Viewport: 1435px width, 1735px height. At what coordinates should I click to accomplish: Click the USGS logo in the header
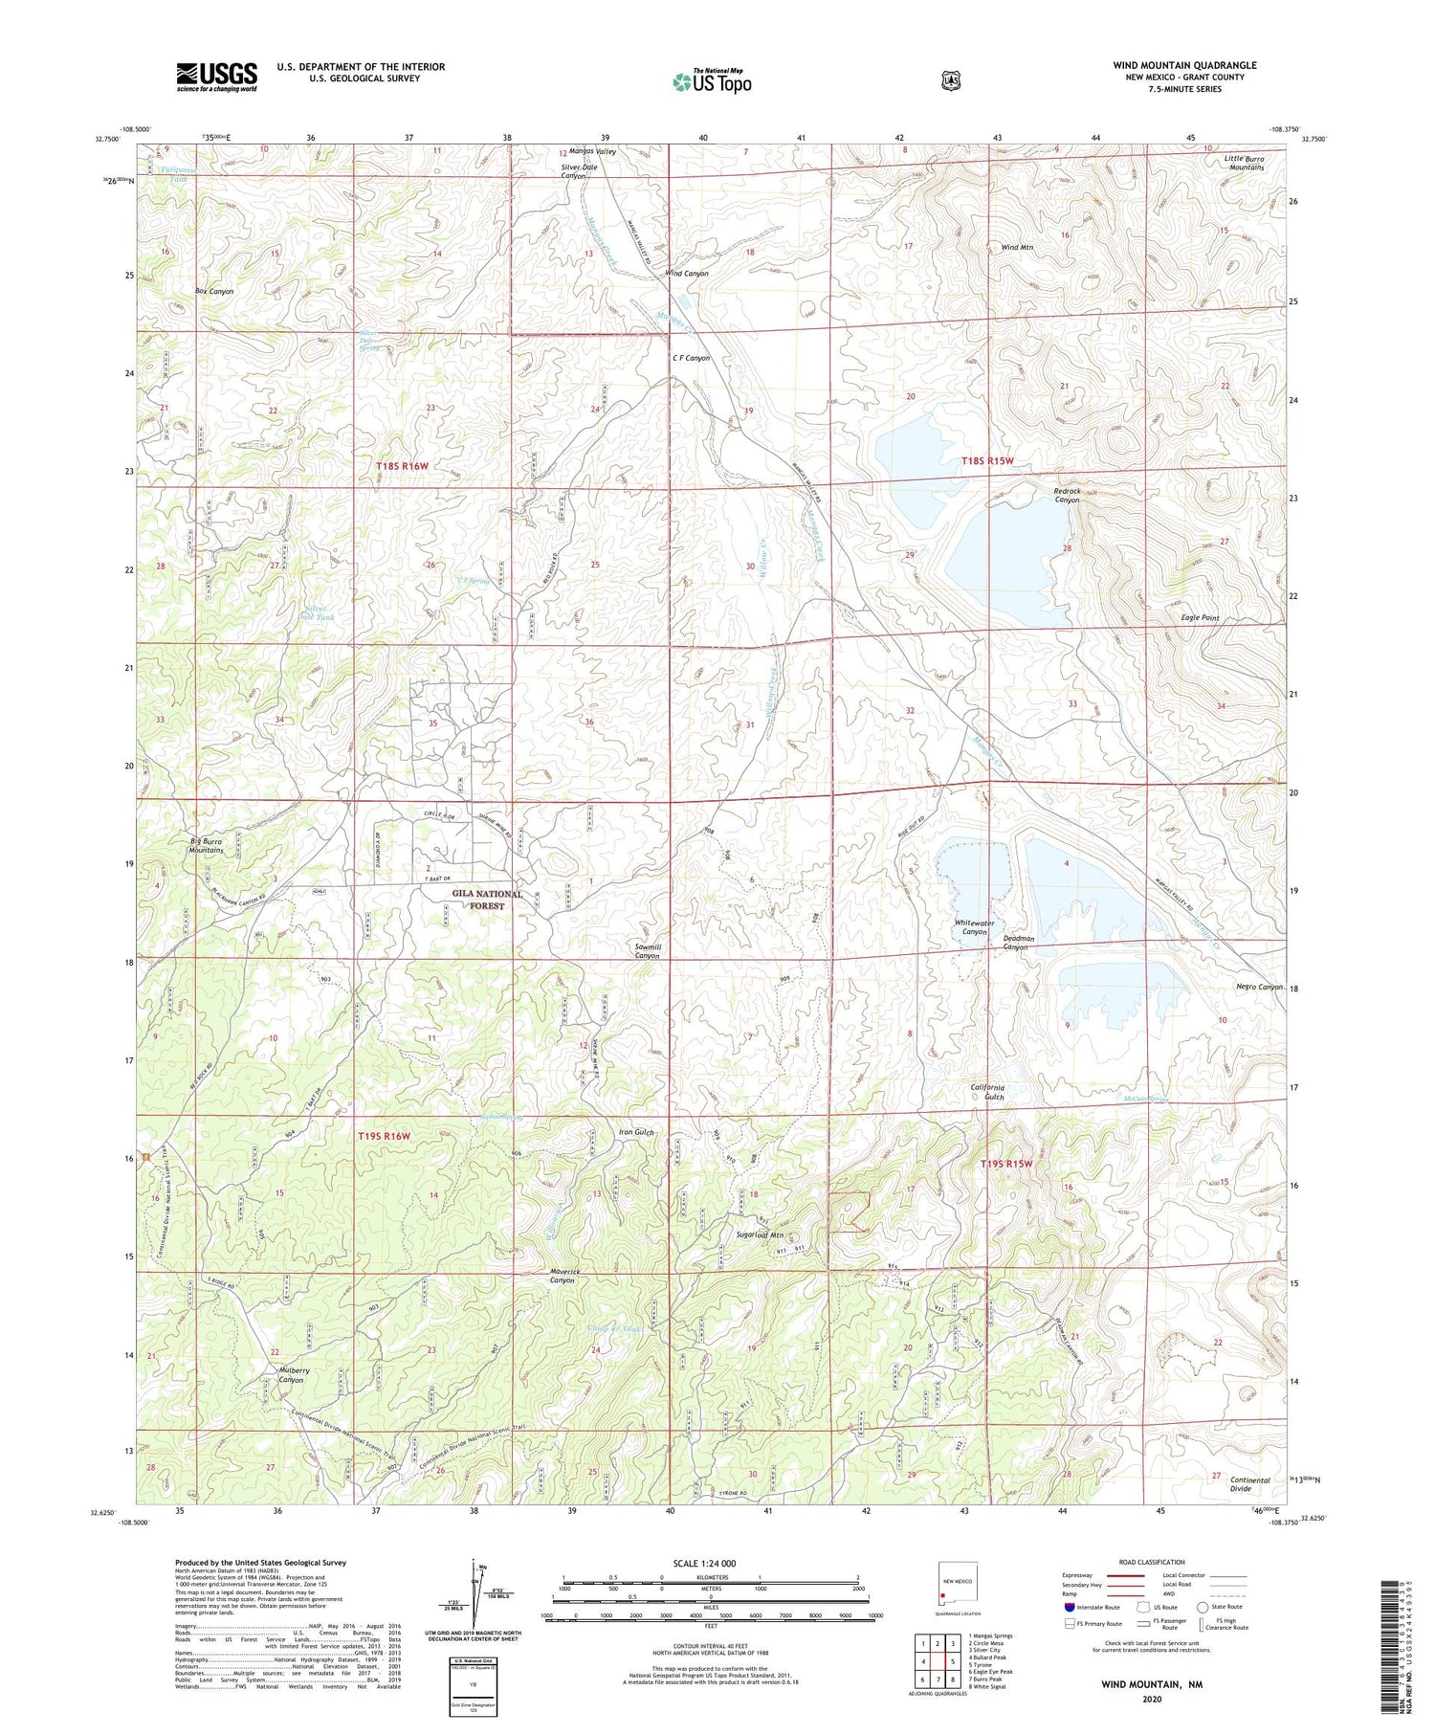click(216, 77)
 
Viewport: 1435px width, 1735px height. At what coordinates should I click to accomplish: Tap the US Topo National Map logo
click(711, 81)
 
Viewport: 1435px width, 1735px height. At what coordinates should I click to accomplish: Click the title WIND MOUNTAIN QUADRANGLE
click(1183, 65)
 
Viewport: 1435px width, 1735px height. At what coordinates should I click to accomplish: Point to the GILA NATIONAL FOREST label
click(488, 899)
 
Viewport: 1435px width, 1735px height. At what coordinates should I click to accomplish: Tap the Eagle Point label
click(1200, 618)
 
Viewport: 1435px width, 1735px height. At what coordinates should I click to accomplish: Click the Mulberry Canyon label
click(284, 1374)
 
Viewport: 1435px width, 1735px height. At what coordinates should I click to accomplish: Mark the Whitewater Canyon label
click(974, 926)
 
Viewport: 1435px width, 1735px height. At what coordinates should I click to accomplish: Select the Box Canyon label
click(214, 291)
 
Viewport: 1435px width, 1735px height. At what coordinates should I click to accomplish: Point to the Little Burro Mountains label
click(1245, 162)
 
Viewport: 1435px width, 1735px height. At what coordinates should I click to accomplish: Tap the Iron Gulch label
click(636, 1132)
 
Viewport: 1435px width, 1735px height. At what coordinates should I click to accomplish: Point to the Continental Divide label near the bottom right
click(1250, 1484)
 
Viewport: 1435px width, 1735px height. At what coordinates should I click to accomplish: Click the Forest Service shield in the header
click(946, 81)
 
